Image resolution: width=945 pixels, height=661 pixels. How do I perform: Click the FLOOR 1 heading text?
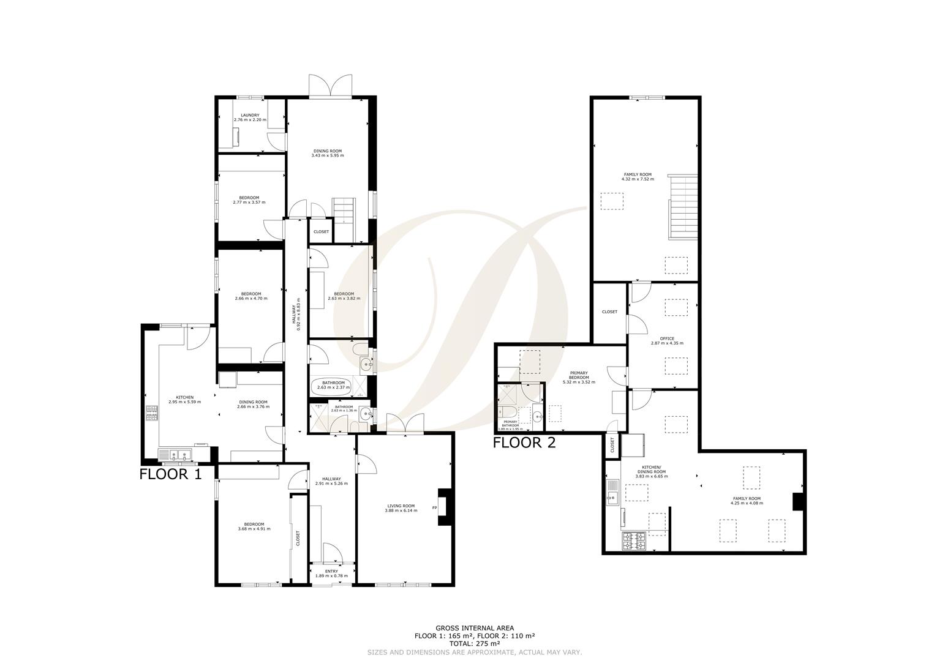[x=170, y=474]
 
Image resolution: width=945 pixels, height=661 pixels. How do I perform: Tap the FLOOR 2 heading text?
[x=525, y=443]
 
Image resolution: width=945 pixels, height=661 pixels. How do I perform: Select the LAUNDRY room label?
[x=250, y=115]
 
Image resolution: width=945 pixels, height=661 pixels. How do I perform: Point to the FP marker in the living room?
[x=435, y=507]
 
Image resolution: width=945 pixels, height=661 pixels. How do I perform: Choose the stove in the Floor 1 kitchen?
[x=151, y=414]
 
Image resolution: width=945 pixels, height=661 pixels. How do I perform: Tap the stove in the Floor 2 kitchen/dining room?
[x=634, y=541]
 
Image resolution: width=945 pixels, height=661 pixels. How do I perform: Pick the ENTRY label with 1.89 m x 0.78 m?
[x=331, y=571]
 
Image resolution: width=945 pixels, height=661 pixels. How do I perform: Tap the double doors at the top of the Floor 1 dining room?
[x=331, y=86]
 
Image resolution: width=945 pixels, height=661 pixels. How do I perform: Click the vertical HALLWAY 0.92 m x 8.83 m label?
[x=296, y=317]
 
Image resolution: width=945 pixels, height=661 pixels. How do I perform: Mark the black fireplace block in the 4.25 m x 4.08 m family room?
[x=798, y=501]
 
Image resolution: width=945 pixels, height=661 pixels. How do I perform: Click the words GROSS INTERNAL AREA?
[x=475, y=628]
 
